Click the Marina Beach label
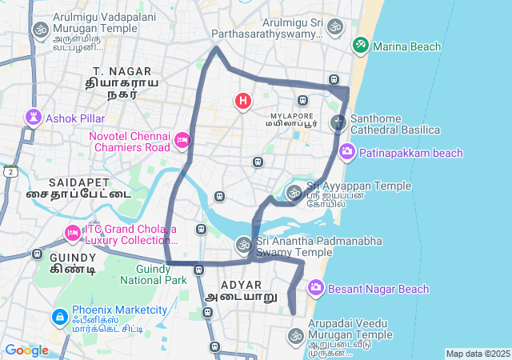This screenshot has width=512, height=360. [406, 46]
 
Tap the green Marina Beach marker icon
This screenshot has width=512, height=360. [362, 45]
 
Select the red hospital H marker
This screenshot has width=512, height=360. [242, 101]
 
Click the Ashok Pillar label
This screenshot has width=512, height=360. [75, 118]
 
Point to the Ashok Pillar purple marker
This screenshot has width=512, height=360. [33, 118]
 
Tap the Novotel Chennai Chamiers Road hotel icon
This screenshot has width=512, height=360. [182, 141]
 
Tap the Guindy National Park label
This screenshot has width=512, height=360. [154, 274]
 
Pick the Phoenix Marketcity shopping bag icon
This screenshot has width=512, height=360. [59, 318]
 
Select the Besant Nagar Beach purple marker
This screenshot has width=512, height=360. [315, 287]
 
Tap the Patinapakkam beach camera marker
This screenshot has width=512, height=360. [347, 150]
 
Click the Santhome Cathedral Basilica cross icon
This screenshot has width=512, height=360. [339, 123]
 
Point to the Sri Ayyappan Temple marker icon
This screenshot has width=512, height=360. [294, 192]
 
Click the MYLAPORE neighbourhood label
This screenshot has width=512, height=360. [292, 114]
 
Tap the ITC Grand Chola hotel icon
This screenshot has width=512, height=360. [72, 234]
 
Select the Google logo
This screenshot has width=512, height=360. [26, 350]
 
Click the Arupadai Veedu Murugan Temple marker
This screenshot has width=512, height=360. [296, 335]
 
